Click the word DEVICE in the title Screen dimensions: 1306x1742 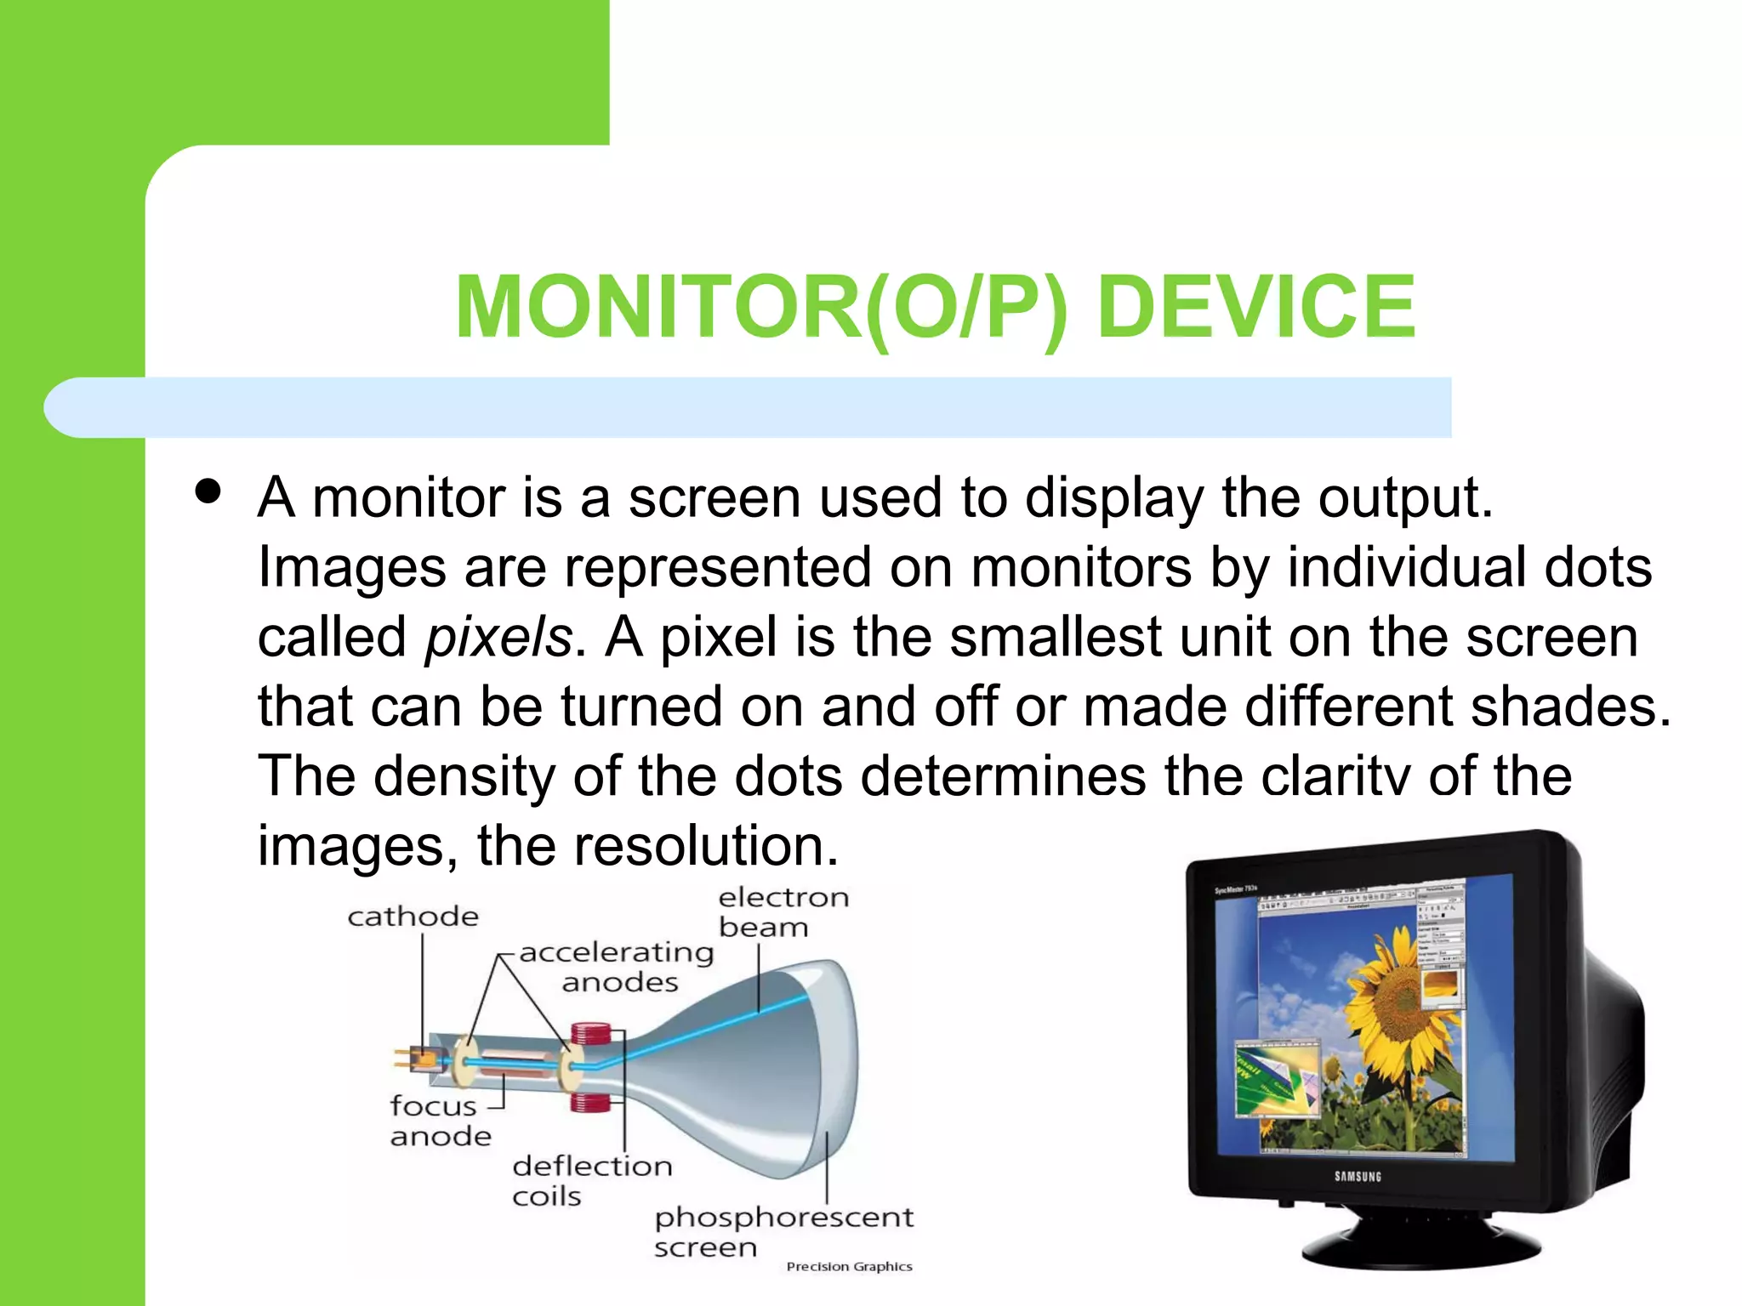click(1256, 307)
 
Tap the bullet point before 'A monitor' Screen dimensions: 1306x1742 click(208, 491)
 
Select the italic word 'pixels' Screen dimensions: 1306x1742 click(498, 638)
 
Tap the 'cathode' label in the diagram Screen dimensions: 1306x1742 click(413, 917)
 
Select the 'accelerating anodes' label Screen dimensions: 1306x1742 click(618, 967)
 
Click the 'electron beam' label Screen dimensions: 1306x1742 click(783, 911)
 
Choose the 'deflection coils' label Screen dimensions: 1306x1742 click(590, 1180)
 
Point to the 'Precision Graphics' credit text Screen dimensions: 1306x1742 click(849, 1267)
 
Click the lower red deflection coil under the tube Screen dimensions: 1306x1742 click(590, 1104)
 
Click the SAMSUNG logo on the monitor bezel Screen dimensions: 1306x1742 click(1358, 1177)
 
